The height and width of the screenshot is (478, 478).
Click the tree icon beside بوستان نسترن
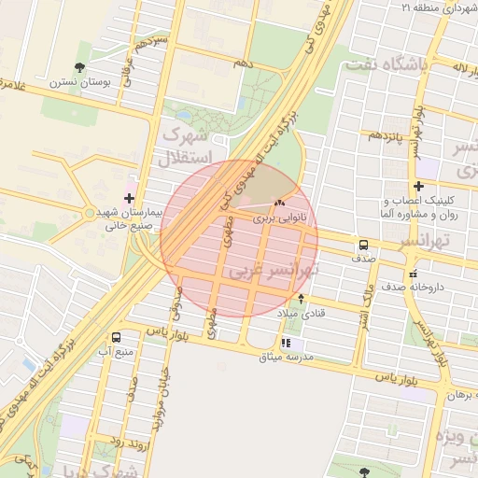click(x=81, y=66)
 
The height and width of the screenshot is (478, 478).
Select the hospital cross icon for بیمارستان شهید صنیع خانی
click(x=129, y=198)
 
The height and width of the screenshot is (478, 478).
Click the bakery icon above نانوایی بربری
click(x=279, y=204)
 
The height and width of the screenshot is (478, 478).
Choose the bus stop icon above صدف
click(x=361, y=246)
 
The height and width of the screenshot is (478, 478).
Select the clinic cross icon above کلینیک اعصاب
click(x=418, y=186)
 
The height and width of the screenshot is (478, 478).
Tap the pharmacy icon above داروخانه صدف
click(x=412, y=274)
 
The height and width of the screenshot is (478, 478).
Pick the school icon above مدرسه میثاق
click(x=285, y=343)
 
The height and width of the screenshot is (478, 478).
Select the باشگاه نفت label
click(x=386, y=64)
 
